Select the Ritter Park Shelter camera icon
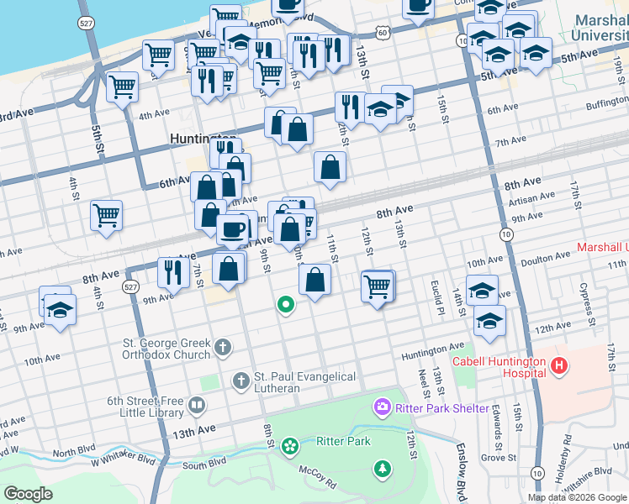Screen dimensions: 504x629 pos(383,407)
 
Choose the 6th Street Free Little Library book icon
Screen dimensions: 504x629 pos(197,407)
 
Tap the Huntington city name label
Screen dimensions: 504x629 pos(202,139)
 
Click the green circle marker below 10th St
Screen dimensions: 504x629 pos(286,305)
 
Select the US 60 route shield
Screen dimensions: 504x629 pos(383,32)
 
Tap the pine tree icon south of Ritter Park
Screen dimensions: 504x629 pos(383,467)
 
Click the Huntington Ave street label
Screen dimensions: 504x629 pos(432,346)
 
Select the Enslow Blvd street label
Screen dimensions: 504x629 pos(462,475)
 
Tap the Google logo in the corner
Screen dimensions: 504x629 pos(28,494)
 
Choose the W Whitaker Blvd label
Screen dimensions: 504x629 pos(124,459)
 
